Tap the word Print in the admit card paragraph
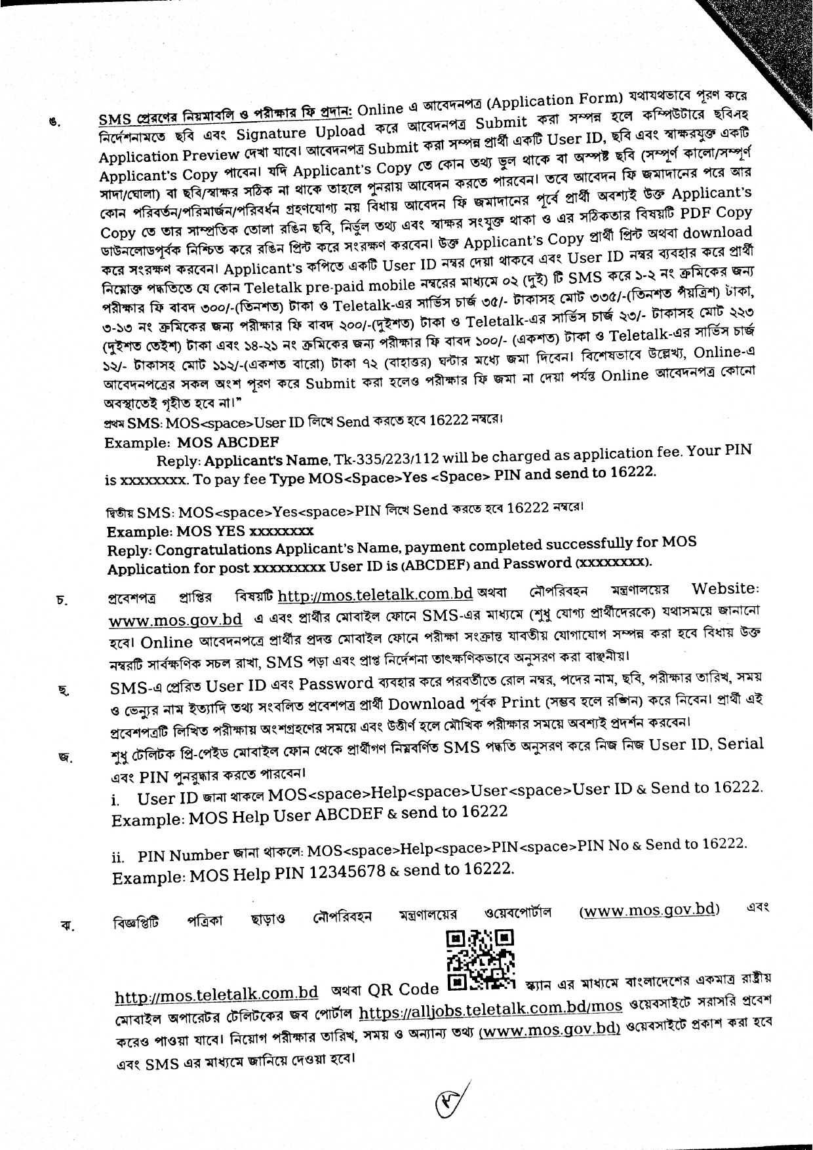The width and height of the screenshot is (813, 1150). click(x=521, y=702)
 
